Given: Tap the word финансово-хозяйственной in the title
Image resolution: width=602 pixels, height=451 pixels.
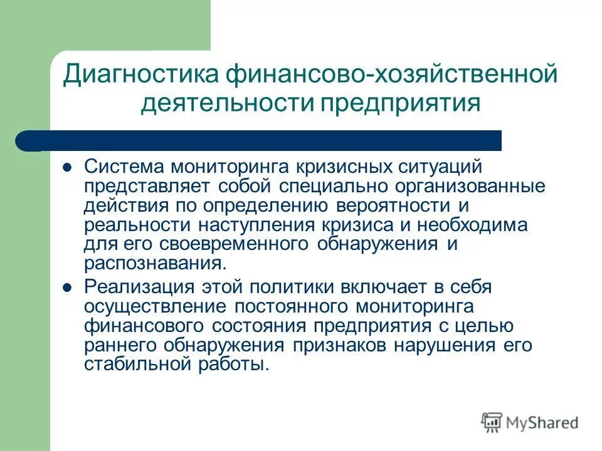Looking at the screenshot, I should click(388, 75).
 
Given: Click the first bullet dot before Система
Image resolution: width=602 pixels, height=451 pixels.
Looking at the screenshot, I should click(68, 168).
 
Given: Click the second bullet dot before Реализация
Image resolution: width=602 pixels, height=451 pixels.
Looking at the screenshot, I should click(68, 288).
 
